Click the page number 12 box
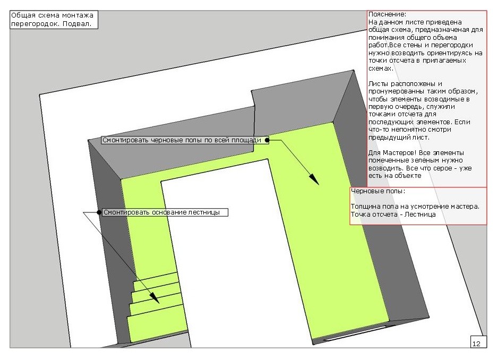coord(478,341)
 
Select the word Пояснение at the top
coord(387,14)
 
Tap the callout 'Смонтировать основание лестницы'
coord(165,212)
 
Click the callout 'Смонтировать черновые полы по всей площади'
coord(185,140)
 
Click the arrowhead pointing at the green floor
coord(314,179)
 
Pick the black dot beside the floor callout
coord(267,140)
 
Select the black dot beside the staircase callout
coord(99,212)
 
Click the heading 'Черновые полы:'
coord(378,191)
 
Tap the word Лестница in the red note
coord(420,215)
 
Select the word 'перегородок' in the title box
coord(36,24)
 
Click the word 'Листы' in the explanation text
coord(378,84)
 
